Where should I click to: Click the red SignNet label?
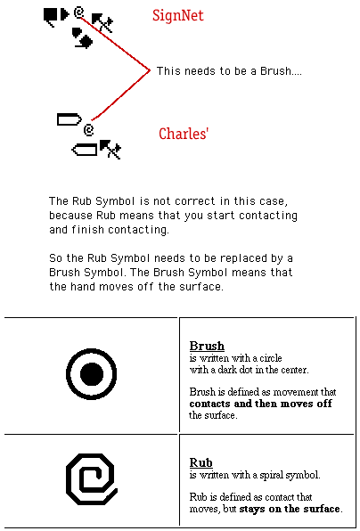(178, 15)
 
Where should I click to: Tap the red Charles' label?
(184, 134)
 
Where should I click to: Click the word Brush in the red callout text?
(275, 71)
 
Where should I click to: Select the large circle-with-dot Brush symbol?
(91, 374)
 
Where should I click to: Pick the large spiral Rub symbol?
(92, 478)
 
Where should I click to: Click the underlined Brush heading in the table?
(207, 346)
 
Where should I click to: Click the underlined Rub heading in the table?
(200, 462)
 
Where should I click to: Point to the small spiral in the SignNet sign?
(79, 12)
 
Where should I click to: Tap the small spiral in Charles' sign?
(89, 130)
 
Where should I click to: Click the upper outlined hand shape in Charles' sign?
(70, 119)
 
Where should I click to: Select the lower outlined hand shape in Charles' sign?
(85, 150)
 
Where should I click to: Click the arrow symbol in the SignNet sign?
(102, 22)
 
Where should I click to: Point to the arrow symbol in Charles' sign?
(110, 149)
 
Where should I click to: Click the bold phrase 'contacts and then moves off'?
(261, 404)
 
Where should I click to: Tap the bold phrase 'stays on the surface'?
(290, 509)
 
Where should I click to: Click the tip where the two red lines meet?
(149, 70)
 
